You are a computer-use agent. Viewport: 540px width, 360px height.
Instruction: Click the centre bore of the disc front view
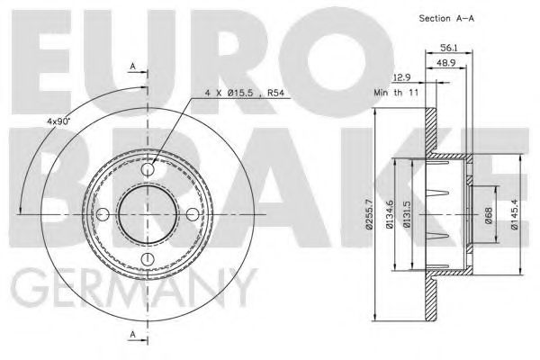coord(148,213)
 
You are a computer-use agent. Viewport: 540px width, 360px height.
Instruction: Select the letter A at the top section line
coord(132,67)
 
